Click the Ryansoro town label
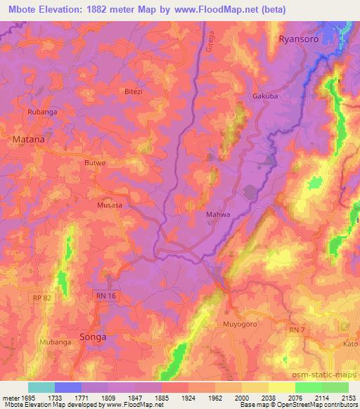point(303,39)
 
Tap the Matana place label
point(29,139)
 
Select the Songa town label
point(93,337)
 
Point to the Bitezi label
point(133,92)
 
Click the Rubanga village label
point(41,112)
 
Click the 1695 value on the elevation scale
point(24,398)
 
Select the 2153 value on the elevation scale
point(349,398)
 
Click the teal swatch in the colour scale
point(41,387)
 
